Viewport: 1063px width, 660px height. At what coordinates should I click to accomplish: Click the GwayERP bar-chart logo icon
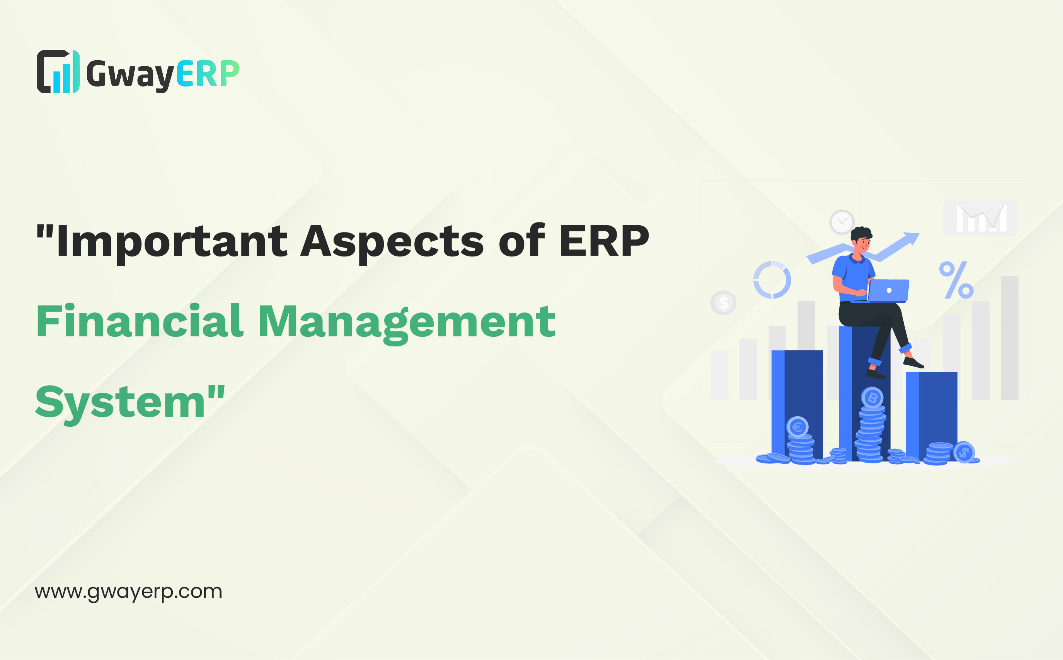(58, 71)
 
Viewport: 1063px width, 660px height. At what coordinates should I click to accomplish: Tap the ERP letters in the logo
(208, 73)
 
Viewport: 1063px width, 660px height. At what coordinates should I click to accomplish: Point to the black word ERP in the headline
(604, 241)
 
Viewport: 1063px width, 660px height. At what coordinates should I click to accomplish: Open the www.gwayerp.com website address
(128, 592)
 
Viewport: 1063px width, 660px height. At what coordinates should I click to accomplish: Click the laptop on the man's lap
(886, 291)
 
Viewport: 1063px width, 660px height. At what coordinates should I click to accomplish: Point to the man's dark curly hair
(861, 234)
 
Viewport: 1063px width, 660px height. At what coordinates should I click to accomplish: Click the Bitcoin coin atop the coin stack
(872, 398)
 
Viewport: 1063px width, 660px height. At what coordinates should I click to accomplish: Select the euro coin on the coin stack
(797, 426)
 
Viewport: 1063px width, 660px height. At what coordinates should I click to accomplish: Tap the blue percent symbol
(956, 280)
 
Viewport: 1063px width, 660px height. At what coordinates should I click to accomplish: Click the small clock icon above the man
(842, 222)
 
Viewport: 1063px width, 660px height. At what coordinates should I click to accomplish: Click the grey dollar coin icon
(724, 302)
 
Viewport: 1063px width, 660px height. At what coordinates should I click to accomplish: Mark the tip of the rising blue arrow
(920, 234)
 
